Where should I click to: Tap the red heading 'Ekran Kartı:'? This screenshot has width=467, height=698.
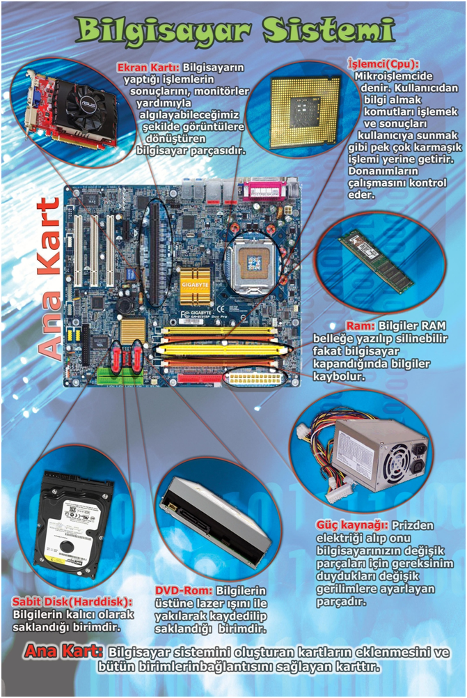pos(148,68)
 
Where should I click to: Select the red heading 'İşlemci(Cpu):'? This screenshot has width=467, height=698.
pos(383,64)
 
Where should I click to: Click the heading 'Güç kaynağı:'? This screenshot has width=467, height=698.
pos(352,525)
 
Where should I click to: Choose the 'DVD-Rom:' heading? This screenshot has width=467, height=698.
pos(184,591)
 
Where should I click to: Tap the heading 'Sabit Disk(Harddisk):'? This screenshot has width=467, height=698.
pos(72,602)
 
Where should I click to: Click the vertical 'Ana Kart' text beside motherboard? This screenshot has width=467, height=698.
pos(49,278)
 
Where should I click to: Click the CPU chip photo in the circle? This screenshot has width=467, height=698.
pos(303,111)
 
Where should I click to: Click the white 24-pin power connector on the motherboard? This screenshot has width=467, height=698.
pos(255,378)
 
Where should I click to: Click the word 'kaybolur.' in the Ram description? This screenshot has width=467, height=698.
pos(339,377)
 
